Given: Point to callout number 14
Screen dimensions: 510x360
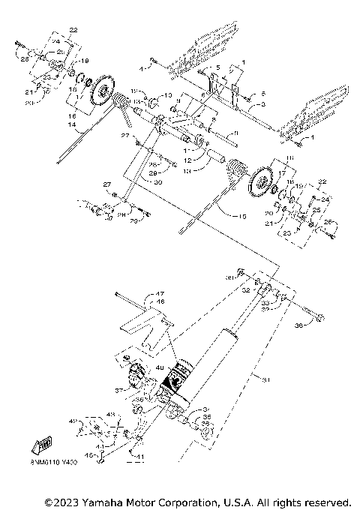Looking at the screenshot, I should click(x=74, y=132).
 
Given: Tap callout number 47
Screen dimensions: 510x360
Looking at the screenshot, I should click(x=159, y=294).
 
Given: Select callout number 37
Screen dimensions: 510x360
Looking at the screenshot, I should click(x=119, y=391).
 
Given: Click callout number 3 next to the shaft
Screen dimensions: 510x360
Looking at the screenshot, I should click(x=263, y=105).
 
